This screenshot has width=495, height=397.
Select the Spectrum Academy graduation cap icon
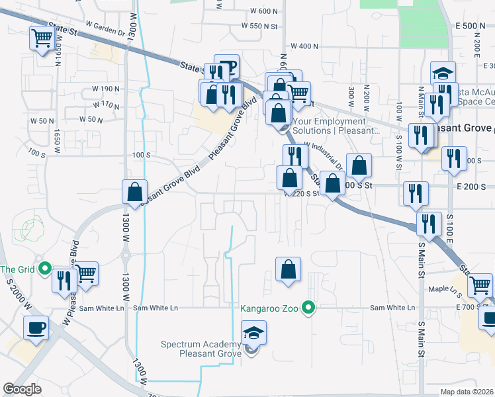click(253, 333)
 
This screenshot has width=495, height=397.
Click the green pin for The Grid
click(45, 269)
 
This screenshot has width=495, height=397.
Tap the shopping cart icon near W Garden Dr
click(42, 38)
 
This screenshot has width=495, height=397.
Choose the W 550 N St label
click(260, 26)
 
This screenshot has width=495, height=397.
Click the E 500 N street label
click(471, 26)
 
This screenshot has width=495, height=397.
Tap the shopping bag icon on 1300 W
click(135, 193)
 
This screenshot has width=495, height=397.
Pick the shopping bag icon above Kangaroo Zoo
click(288, 269)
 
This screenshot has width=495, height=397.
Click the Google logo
click(22, 388)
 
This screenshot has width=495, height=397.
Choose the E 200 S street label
click(471, 187)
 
